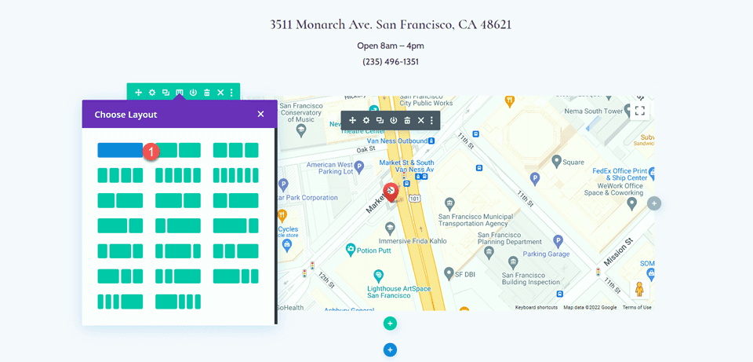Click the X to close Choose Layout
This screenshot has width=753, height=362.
point(260,114)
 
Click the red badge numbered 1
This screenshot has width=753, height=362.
point(153,151)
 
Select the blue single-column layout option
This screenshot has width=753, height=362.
point(119,150)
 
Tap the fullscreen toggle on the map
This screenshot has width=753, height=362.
point(640,111)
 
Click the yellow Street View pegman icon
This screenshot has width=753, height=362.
point(639,290)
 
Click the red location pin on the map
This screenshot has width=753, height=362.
point(390,191)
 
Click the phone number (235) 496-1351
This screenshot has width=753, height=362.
point(389,61)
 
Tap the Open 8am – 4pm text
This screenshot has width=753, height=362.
point(389,45)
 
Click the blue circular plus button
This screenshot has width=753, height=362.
point(390,349)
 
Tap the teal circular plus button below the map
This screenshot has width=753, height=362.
point(390,323)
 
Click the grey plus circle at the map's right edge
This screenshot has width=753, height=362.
point(654,203)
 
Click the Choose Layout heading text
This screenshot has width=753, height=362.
point(125,115)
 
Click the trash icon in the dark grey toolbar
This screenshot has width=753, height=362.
point(407,120)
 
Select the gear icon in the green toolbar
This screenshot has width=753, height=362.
point(152,93)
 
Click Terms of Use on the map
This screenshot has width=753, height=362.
point(637,307)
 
